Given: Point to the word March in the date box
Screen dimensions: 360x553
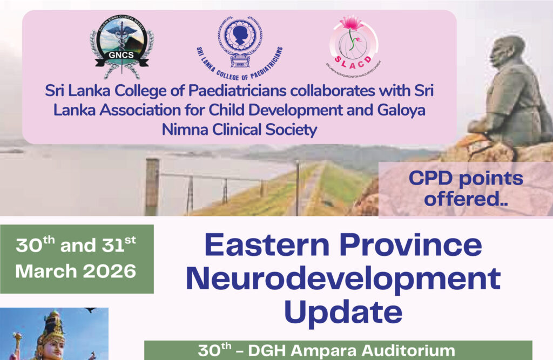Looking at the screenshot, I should (45, 270).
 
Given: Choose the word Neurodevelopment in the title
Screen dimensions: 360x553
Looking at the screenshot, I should (346, 279).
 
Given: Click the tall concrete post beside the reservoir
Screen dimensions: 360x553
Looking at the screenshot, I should (152, 186).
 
